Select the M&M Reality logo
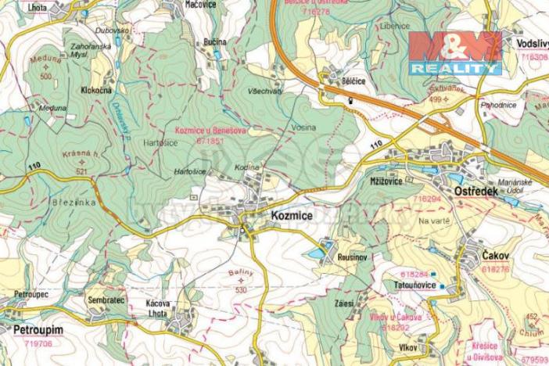(454, 52)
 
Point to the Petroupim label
(37, 331)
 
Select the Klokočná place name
(95, 91)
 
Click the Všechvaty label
(262, 91)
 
